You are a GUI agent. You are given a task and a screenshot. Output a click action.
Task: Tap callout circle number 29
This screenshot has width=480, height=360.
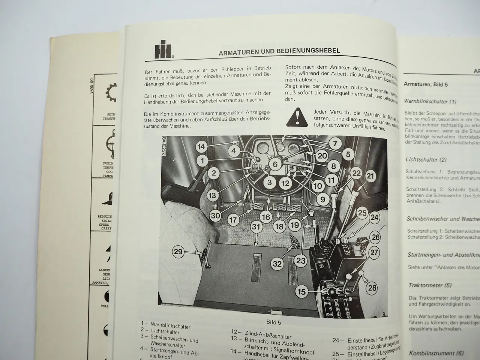(x=178, y=251)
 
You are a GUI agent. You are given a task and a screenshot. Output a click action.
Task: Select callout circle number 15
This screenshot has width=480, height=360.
(x=302, y=291)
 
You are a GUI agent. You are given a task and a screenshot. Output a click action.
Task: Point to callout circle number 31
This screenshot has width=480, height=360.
(x=256, y=227)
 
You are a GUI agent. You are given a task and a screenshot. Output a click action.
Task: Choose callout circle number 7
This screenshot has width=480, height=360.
(x=335, y=143)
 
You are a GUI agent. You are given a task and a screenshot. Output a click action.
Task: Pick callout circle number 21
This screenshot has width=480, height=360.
(x=370, y=175)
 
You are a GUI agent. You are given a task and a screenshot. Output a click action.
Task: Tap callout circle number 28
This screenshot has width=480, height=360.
(x=372, y=288)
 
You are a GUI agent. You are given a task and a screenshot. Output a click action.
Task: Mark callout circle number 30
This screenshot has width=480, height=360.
(x=215, y=216)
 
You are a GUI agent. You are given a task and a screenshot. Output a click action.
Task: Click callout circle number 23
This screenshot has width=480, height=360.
(x=301, y=260)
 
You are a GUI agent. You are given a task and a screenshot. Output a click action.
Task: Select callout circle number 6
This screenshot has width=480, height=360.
(x=275, y=164)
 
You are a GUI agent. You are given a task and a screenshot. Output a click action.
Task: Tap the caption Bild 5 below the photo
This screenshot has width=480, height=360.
(x=273, y=322)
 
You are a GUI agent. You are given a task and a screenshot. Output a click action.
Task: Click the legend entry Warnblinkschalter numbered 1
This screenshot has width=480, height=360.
(x=169, y=327)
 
